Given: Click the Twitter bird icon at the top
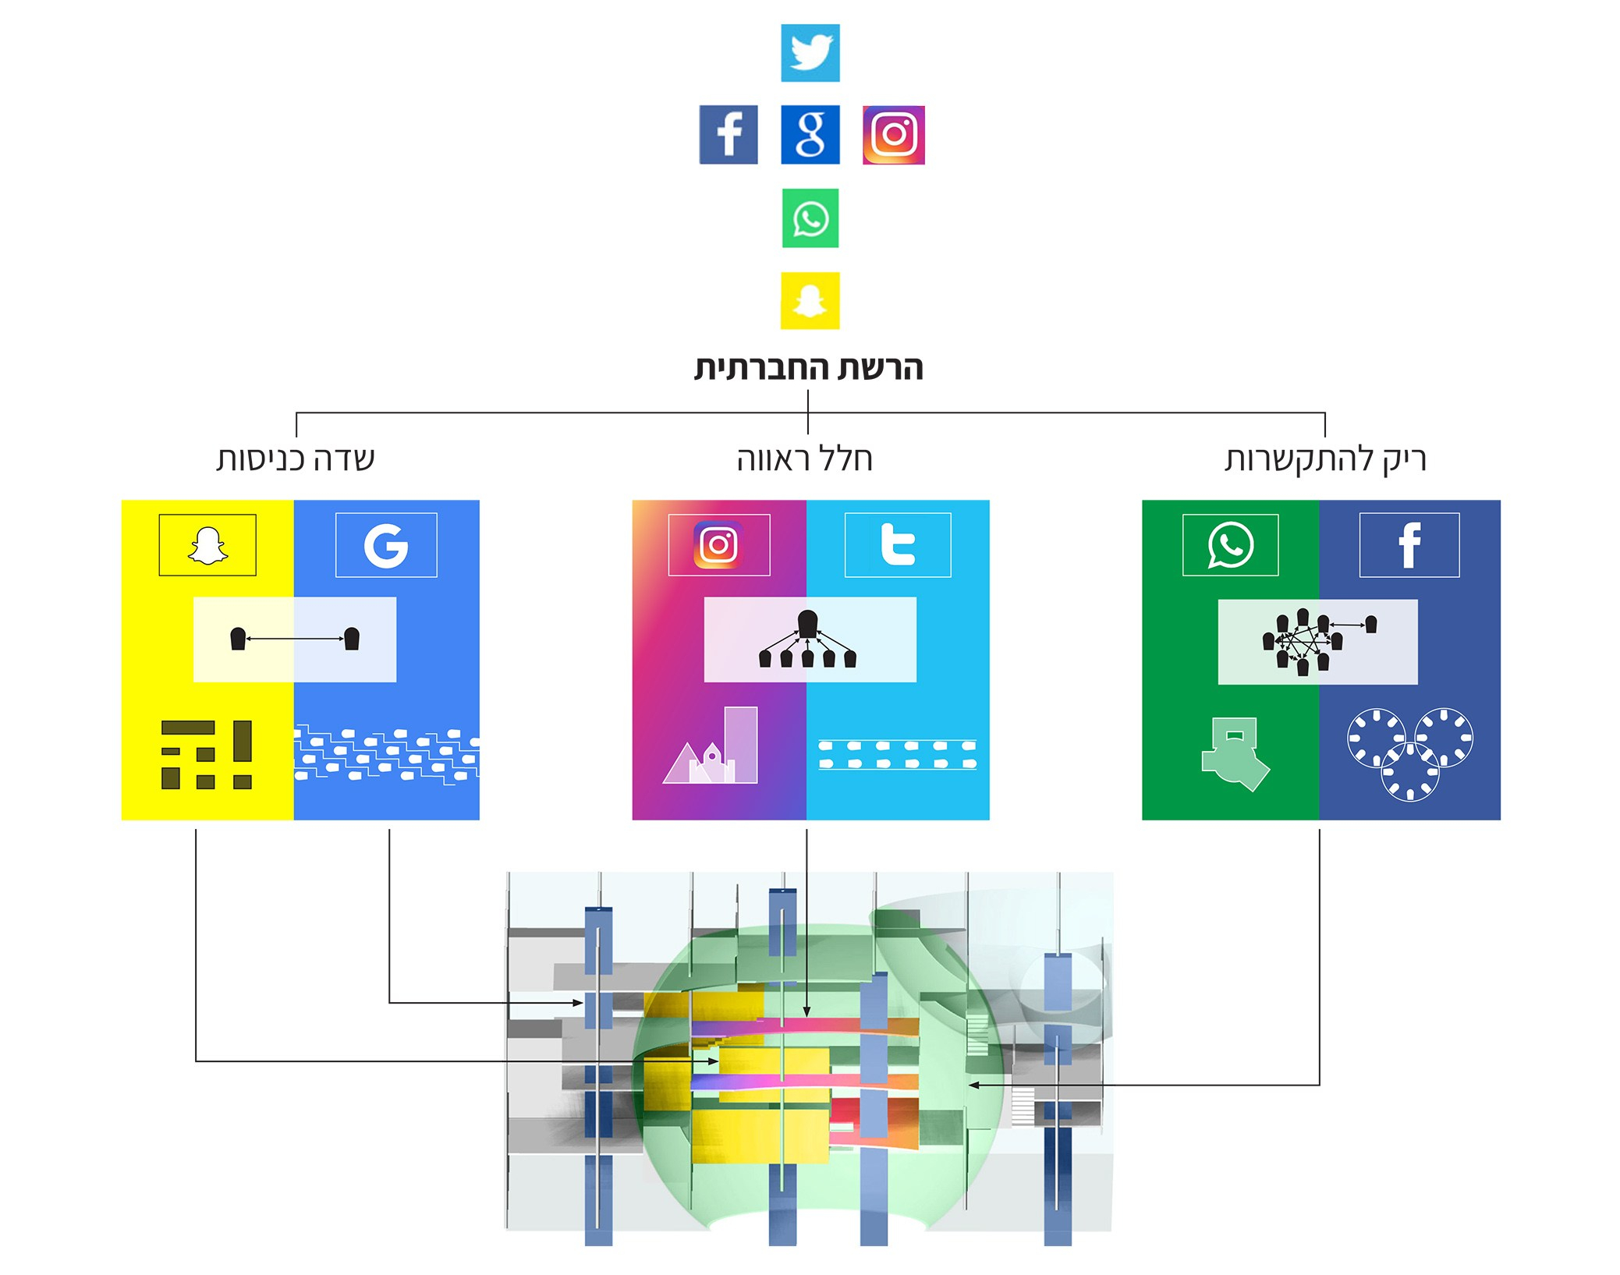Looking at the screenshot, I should coord(810,53).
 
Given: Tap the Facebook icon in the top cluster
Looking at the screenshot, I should coord(728,134).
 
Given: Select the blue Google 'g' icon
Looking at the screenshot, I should coord(810,134).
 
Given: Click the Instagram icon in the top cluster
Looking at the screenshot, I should coord(894,135).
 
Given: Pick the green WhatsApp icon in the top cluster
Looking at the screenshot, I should coord(810,218).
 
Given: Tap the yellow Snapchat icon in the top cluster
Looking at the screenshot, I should coord(810,300).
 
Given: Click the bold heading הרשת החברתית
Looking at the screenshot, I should coord(809,367).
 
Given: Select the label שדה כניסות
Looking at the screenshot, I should coord(296,459).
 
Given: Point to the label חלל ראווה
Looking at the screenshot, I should coord(805,459).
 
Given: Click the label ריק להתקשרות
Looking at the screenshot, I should coord(1325,459).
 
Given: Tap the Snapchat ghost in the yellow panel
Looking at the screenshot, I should coord(207,545).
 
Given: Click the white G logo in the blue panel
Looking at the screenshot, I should coord(386,545).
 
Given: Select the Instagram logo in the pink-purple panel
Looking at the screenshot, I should coord(718,544).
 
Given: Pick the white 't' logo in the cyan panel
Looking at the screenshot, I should coord(898,544).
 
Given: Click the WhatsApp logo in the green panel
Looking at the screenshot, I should coord(1231,544).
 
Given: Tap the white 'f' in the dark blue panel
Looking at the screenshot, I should coord(1409,544).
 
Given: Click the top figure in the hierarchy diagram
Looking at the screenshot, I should coord(808,623).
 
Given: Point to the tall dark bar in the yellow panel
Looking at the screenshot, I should coord(243,741).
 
